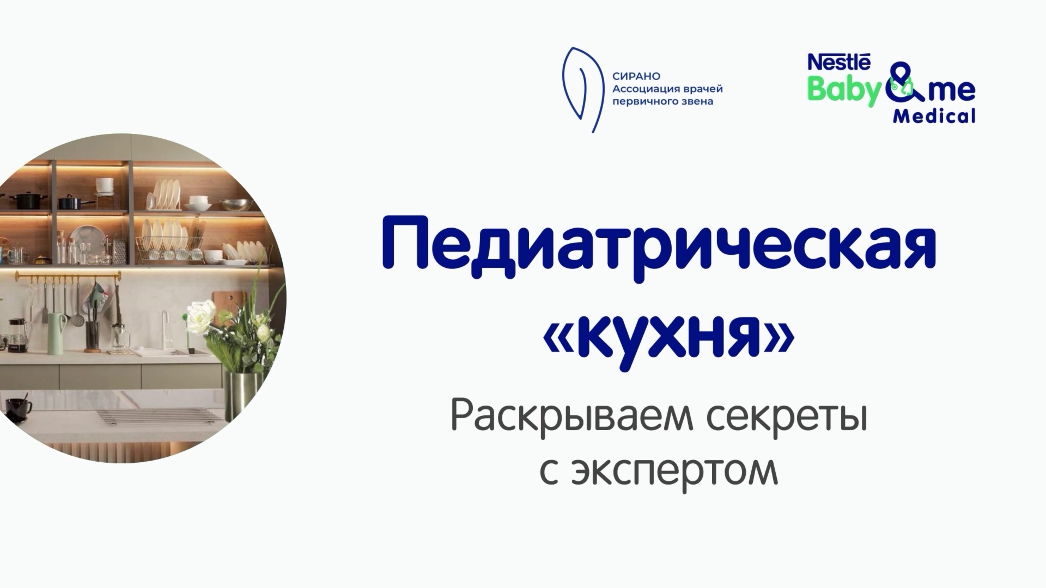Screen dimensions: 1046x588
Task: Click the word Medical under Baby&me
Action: (x=934, y=117)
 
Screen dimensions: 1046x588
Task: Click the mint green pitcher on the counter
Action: (x=56, y=333)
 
